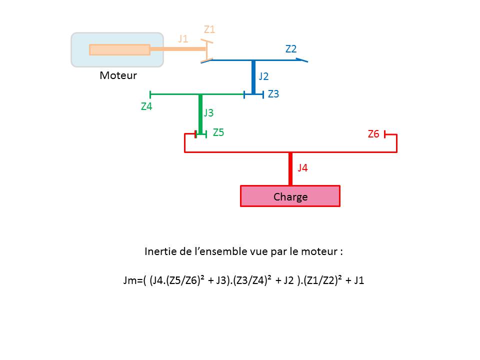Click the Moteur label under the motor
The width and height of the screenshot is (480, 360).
coord(118,75)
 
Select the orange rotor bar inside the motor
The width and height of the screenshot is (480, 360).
coord(119,49)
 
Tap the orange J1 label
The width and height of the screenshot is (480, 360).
coord(183,38)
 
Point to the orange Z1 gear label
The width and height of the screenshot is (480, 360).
coord(209,29)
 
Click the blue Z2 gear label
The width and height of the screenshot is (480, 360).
coord(291,49)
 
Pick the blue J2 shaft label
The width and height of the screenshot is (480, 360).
coord(263,76)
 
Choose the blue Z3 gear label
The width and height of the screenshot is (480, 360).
coord(273,93)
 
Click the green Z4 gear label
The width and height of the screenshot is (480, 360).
coord(146,106)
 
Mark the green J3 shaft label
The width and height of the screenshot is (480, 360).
coord(208,113)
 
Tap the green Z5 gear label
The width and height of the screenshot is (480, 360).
coord(218,132)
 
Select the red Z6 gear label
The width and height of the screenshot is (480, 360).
coord(373,134)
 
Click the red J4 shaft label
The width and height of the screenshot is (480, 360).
coord(302,168)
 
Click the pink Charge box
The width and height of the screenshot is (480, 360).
coord(290,196)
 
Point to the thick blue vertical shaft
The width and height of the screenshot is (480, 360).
coord(253,77)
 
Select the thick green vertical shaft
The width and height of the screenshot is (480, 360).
coord(200,113)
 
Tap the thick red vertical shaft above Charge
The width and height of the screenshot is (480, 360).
coord(290,168)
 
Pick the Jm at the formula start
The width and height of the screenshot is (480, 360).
coord(128,280)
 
